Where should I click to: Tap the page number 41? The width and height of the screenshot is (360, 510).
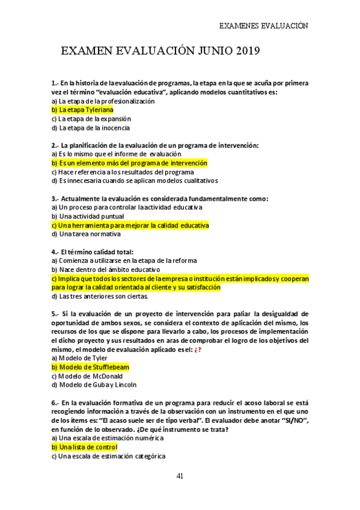coord(180,476)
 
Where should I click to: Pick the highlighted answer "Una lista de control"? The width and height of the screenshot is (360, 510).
coord(84,447)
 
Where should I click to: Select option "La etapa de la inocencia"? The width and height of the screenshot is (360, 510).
coord(90,127)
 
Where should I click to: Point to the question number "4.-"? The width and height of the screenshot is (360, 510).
coord(56,251)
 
